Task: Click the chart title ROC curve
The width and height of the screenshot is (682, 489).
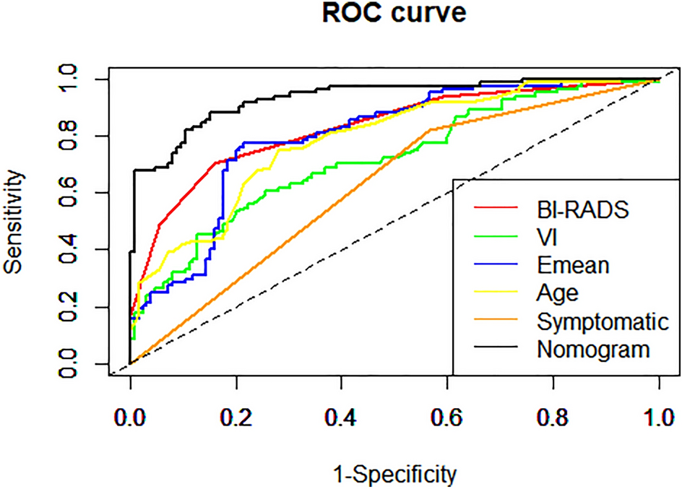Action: coord(394,14)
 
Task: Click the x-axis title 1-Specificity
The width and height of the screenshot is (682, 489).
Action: coord(394,475)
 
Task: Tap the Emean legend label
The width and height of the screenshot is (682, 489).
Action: coord(574,265)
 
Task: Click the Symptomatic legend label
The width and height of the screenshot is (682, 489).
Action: coord(600,321)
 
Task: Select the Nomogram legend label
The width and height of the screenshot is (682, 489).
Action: coord(594,350)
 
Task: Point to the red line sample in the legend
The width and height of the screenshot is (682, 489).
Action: coord(498,209)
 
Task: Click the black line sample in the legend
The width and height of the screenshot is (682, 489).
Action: coord(498,350)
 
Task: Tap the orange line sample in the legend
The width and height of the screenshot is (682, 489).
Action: coord(498,321)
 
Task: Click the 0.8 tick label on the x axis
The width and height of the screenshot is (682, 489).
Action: coord(553,418)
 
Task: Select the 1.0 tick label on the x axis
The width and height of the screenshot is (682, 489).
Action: coord(658,418)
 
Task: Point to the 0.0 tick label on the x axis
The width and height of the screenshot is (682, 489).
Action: coord(130,418)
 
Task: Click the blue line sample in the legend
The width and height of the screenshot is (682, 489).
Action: coord(498,265)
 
